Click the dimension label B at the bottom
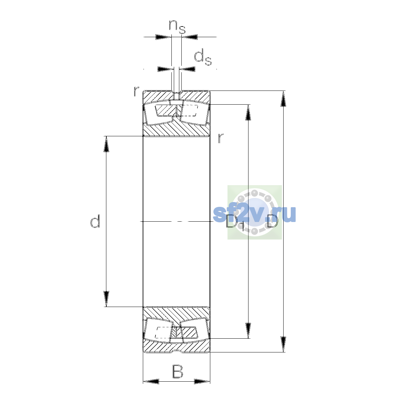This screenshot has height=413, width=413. (178, 371)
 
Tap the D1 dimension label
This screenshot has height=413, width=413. (235, 223)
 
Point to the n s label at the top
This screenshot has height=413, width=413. (177, 27)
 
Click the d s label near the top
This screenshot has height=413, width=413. (203, 57)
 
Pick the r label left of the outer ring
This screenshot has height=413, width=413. (136, 91)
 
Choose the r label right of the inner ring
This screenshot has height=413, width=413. (221, 138)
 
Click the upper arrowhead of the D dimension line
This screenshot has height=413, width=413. (283, 98)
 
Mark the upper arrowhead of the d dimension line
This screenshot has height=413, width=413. (106, 144)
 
